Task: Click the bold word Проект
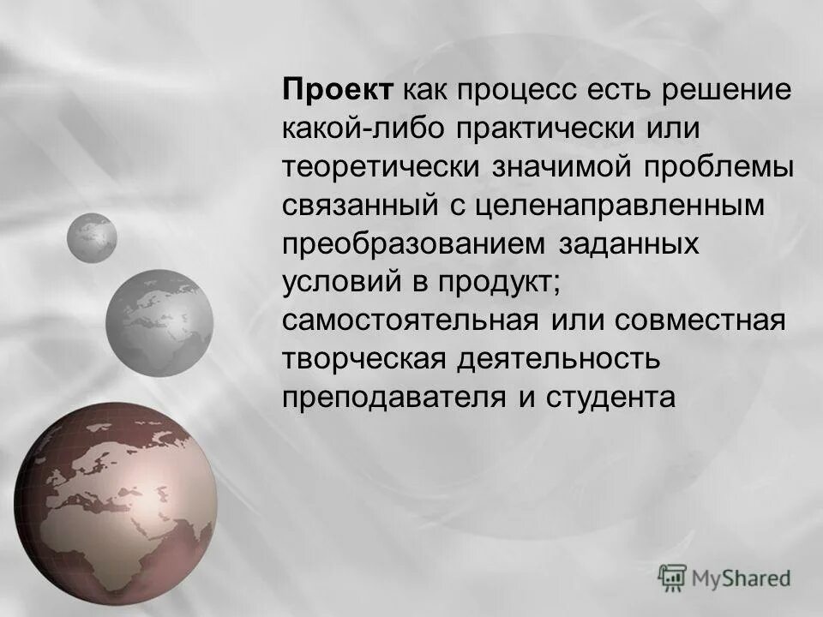339,89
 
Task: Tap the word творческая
366,359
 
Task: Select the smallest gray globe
92,237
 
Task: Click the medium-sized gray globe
159,322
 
